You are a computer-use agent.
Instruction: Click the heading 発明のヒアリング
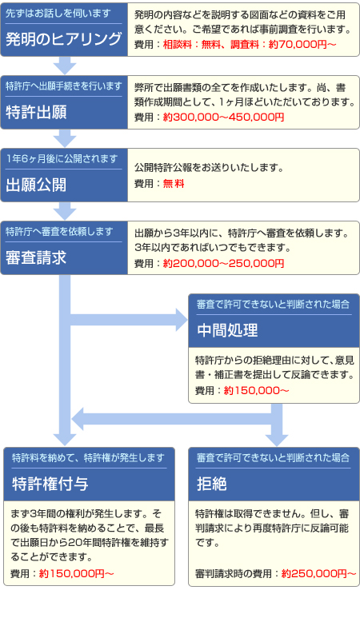63,39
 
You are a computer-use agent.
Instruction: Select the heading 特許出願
36,112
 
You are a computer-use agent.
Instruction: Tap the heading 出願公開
36,185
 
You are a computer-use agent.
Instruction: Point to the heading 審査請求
36,258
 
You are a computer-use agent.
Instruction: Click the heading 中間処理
227,330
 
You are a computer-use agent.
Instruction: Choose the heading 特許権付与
50,484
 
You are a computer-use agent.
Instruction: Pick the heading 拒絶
212,484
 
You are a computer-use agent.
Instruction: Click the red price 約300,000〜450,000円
223,117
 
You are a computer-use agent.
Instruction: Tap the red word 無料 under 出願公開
174,184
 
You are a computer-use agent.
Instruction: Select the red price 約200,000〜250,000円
223,263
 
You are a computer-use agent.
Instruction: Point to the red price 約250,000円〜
318,573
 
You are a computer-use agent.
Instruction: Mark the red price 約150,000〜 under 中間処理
257,391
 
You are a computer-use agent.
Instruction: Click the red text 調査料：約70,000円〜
283,45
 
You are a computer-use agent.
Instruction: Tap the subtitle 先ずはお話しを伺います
58,14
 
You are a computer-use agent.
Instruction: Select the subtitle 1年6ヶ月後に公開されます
62,159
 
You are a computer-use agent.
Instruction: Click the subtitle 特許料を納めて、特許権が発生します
88,458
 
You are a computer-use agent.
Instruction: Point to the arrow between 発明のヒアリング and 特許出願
65,66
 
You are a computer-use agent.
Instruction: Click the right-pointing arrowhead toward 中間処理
181,320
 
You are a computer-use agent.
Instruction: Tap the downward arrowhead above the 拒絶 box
277,441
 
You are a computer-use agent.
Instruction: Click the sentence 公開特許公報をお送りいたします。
209,168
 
